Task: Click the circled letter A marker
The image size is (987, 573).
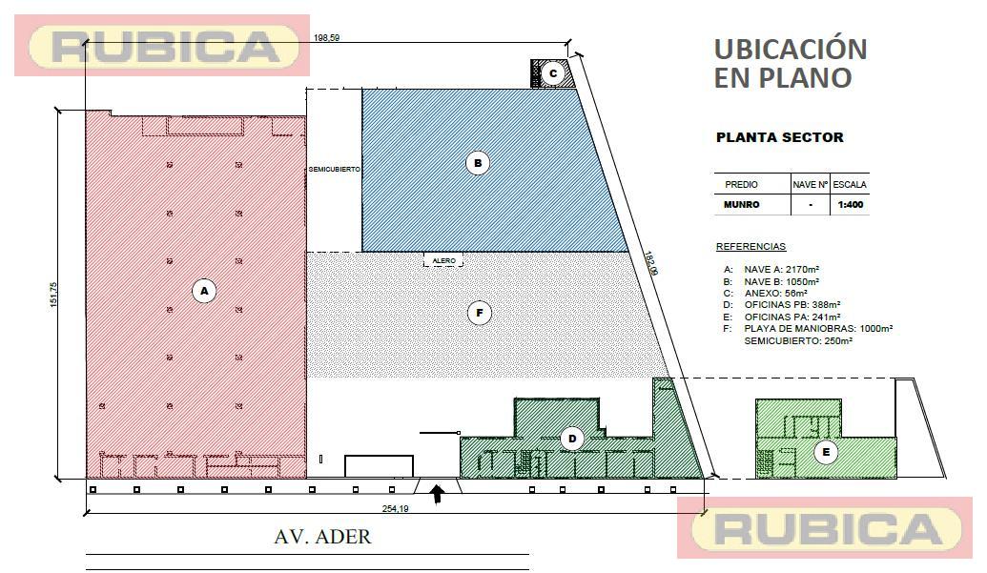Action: pos(204,291)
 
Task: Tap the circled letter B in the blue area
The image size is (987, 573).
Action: pos(478,163)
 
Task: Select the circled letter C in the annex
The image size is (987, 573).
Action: pos(553,73)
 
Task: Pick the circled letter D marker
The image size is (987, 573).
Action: pos(572,439)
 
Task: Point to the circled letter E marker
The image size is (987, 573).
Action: pos(826,452)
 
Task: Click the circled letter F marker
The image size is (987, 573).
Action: pos(480,313)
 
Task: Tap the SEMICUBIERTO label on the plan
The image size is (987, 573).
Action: pos(335,169)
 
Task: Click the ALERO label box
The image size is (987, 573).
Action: pos(443,260)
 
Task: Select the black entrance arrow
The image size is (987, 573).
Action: pos(437,494)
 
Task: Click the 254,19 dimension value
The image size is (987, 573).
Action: pos(396,508)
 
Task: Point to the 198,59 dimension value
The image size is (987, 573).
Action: pos(327,38)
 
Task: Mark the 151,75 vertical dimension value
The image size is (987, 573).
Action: pos(54,295)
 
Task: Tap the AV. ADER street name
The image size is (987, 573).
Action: pos(323,537)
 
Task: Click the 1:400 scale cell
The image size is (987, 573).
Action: pos(851,204)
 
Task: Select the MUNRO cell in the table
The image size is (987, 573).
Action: pos(742,204)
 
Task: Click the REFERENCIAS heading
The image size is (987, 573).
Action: pos(751,247)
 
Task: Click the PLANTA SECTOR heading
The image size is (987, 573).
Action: pos(780,137)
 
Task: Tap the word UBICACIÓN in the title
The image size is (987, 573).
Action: pos(791,49)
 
